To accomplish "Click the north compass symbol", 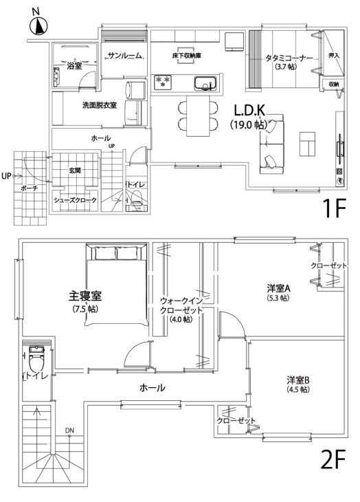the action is click(38, 26).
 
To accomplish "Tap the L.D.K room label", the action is click(249, 111).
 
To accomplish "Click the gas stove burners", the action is click(163, 83).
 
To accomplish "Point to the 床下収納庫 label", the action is click(186, 56).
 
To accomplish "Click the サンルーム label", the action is click(124, 56).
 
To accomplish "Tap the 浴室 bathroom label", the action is click(74, 66).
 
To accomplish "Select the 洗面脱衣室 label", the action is click(100, 105).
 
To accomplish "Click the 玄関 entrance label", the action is click(75, 171).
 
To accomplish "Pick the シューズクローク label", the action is click(75, 200).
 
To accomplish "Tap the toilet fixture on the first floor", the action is click(137, 199).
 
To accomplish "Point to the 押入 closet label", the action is click(334, 55).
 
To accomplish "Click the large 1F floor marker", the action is click(335, 208).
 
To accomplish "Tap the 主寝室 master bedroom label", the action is click(85, 296).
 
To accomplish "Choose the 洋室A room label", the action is click(278, 288).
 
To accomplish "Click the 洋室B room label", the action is click(298, 380).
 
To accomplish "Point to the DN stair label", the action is click(69, 430).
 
